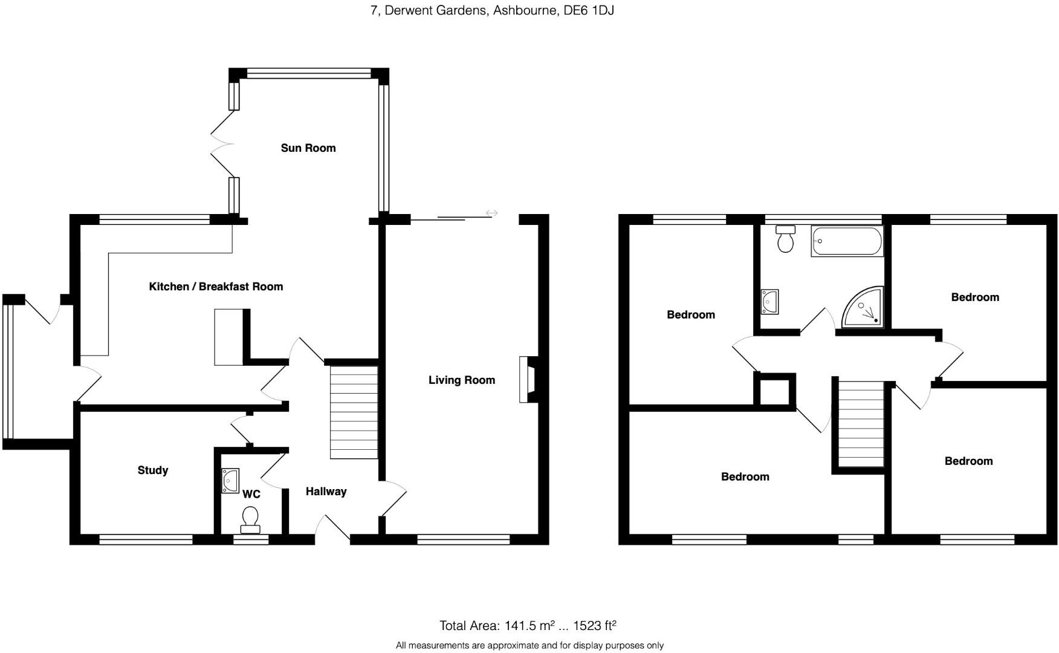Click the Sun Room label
[x=308, y=148]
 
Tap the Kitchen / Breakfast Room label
[x=216, y=287]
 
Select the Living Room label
[x=461, y=380]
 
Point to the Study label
[x=152, y=470]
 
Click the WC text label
[x=251, y=495]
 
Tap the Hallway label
[x=326, y=492]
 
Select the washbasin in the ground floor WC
[x=230, y=481]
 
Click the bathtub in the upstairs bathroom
[x=846, y=241]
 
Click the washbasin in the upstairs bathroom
[x=769, y=302]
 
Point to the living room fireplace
[x=525, y=380]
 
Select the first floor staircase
[x=861, y=423]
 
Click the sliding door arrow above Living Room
[x=491, y=213]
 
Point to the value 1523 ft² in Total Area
[x=594, y=626]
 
